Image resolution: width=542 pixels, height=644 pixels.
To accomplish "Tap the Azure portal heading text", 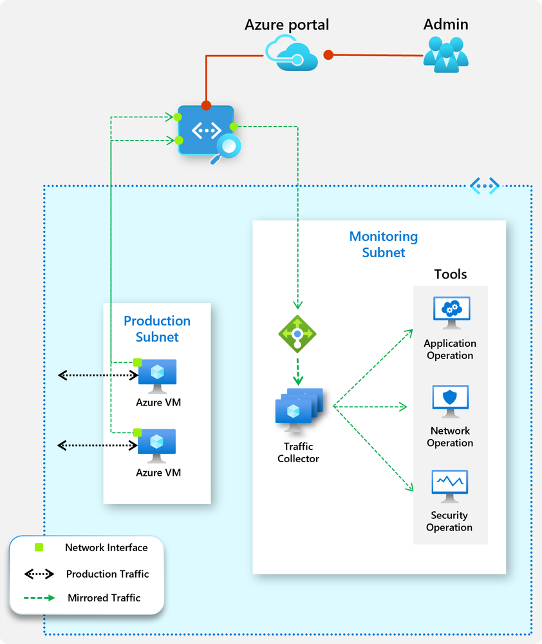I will pyautogui.click(x=286, y=25).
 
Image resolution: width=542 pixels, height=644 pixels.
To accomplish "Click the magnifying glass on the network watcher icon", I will pyautogui.click(x=227, y=147).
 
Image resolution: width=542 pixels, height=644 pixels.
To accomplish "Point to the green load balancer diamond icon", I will pyautogui.click(x=297, y=334).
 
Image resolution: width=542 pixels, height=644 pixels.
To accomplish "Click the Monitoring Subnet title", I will pyautogui.click(x=384, y=245).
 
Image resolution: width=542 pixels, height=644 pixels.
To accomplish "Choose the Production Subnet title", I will pyautogui.click(x=157, y=329).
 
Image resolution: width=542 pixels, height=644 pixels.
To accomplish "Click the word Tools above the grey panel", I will pyautogui.click(x=451, y=274).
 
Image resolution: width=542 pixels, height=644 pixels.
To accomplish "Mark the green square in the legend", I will pyautogui.click(x=39, y=548).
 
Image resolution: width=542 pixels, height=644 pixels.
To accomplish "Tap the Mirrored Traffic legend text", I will pyautogui.click(x=104, y=598).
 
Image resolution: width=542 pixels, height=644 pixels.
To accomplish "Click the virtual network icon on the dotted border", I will pyautogui.click(x=484, y=186).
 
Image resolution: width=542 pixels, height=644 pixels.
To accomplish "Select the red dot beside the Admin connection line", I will pyautogui.click(x=328, y=55).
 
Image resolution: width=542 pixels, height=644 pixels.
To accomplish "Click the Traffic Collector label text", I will pyautogui.click(x=298, y=453).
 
